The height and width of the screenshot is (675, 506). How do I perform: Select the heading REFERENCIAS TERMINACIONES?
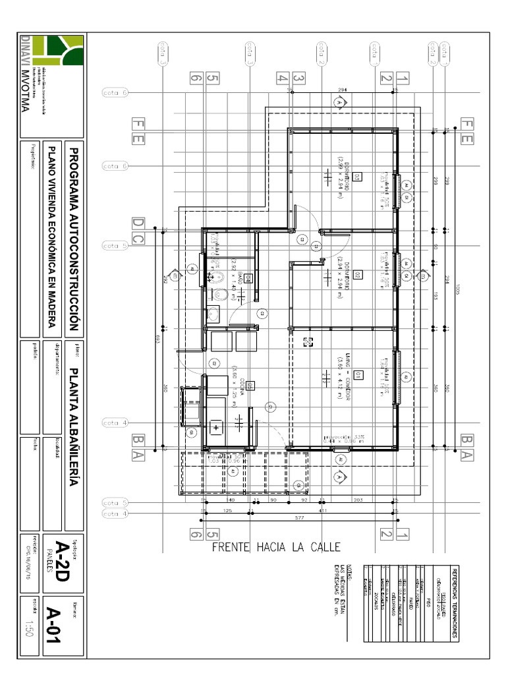tap(455, 602)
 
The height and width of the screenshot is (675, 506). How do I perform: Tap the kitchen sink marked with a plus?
tap(216, 426)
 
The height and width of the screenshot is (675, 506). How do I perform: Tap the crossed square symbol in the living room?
tap(307, 341)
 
